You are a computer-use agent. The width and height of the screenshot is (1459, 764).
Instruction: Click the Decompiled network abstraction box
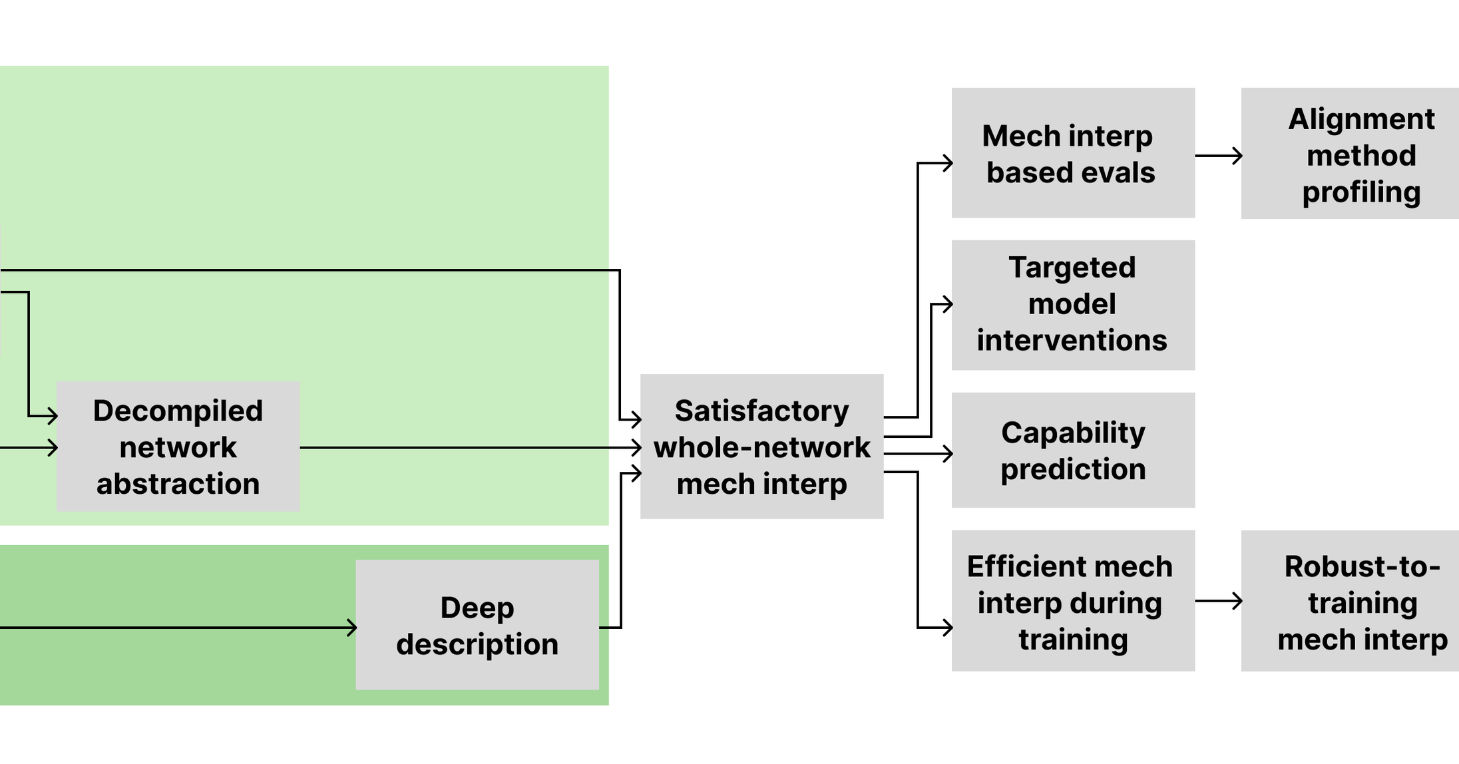coord(178,447)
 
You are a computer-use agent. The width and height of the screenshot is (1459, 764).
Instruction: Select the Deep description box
coord(477,625)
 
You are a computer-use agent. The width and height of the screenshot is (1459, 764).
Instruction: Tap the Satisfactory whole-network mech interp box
coord(761,447)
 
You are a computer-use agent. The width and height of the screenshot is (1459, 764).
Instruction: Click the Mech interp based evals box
coord(1072,153)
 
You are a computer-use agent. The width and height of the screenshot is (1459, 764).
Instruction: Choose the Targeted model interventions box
coord(1072,305)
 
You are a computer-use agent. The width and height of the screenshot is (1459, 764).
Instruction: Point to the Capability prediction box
coord(1072,451)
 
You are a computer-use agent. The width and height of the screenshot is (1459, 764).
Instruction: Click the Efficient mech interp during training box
coord(1072,601)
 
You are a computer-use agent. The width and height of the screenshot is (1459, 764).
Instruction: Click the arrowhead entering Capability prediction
coord(948,454)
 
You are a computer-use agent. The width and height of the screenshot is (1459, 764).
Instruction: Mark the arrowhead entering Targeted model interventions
coord(948,305)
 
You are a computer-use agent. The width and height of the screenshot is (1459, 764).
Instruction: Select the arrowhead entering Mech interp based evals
coord(948,162)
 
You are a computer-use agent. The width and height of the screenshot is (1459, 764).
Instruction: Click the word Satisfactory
coord(761,411)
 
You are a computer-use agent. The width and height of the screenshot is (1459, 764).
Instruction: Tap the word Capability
coord(1073,433)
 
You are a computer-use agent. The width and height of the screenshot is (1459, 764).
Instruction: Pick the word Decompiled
coord(178,411)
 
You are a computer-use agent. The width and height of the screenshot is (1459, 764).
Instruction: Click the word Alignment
coord(1361,119)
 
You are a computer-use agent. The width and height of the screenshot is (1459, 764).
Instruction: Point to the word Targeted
coord(1072,268)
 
